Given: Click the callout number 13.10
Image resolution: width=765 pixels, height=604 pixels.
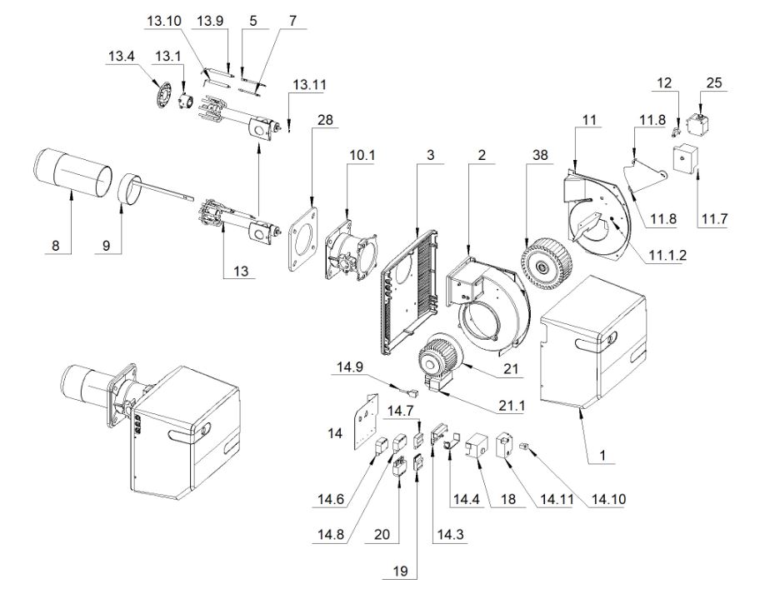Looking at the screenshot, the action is tap(164, 21).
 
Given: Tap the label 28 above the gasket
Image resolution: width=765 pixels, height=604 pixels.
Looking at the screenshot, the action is tap(325, 120).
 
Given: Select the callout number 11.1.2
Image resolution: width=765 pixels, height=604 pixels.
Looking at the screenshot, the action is tap(667, 255).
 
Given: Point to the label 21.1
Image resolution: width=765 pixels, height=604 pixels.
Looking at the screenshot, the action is tap(511, 406).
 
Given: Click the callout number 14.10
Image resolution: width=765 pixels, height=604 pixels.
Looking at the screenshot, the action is tap(608, 499).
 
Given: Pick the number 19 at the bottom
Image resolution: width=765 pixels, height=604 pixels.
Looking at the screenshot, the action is tap(400, 571).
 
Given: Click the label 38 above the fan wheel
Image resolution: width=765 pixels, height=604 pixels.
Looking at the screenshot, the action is tap(540, 155).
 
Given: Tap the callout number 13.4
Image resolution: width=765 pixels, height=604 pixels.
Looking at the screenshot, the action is tap(122, 56).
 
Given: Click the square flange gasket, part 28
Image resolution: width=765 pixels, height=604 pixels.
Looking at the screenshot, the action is tap(303, 239).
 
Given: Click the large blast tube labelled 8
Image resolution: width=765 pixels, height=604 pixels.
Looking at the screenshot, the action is tap(72, 172).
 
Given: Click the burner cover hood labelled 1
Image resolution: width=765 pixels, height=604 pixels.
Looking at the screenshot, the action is tap(593, 342).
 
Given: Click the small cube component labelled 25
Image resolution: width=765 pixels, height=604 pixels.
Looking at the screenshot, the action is tap(697, 125).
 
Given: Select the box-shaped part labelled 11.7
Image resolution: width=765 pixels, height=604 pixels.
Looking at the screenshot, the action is tap(684, 157).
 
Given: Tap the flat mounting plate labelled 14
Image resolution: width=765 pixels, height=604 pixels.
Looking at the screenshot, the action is tap(366, 421).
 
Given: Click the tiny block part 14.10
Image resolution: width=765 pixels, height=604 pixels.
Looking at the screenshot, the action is tap(524, 446).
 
